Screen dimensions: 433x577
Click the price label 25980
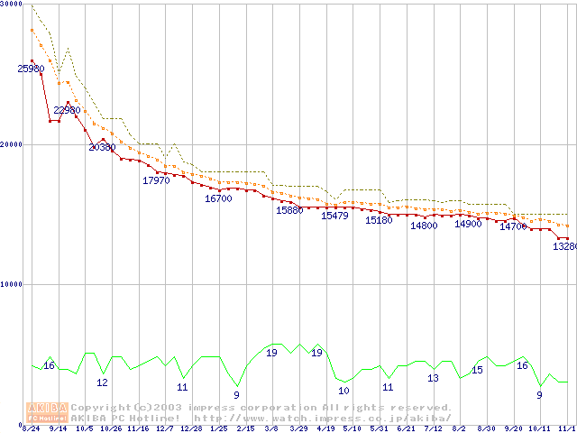[31, 69]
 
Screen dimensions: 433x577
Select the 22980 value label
[67, 110]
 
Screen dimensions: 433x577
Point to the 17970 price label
[156, 180]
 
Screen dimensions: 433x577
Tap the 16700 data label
[219, 198]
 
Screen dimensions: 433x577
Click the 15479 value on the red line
[334, 216]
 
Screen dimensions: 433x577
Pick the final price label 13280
[564, 246]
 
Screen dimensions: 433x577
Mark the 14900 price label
[468, 224]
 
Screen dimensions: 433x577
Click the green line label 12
[102, 382]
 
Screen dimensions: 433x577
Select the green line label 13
[433, 378]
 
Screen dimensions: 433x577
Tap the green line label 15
[477, 370]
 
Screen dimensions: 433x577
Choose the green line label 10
[343, 391]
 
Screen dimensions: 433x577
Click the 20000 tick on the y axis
[11, 143]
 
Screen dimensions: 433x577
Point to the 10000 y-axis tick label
[11, 283]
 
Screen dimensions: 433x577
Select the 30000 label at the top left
[11, 5]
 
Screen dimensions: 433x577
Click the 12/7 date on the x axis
[165, 428]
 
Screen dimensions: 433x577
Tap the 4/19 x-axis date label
[325, 428]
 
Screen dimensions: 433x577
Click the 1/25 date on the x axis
[218, 428]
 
